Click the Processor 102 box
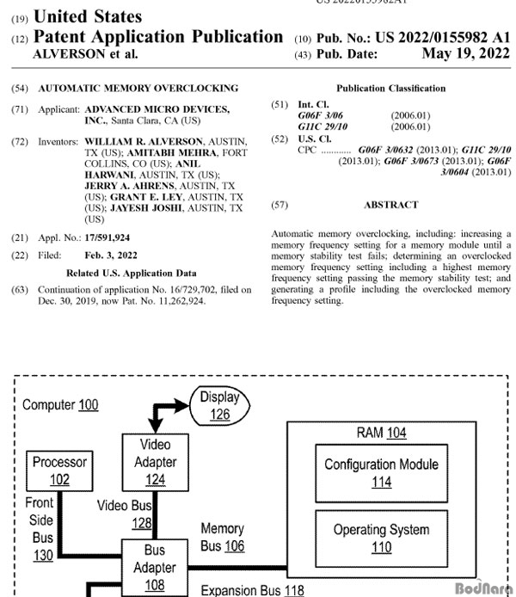click(59, 471)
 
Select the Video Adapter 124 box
click(156, 463)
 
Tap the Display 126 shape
click(219, 406)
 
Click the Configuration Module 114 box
click(382, 473)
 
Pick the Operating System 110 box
click(382, 539)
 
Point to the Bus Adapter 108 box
click(155, 568)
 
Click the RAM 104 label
click(381, 433)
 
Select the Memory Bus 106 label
click(223, 538)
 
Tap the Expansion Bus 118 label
click(252, 590)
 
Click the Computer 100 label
click(60, 404)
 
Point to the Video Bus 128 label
click(125, 514)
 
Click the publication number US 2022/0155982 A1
click(443, 37)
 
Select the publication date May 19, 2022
click(466, 53)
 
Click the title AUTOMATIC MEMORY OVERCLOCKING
click(138, 88)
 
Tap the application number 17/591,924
click(107, 237)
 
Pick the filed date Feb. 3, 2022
click(111, 255)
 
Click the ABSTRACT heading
click(391, 205)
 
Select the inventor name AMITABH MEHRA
click(172, 152)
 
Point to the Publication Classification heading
click(390, 89)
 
